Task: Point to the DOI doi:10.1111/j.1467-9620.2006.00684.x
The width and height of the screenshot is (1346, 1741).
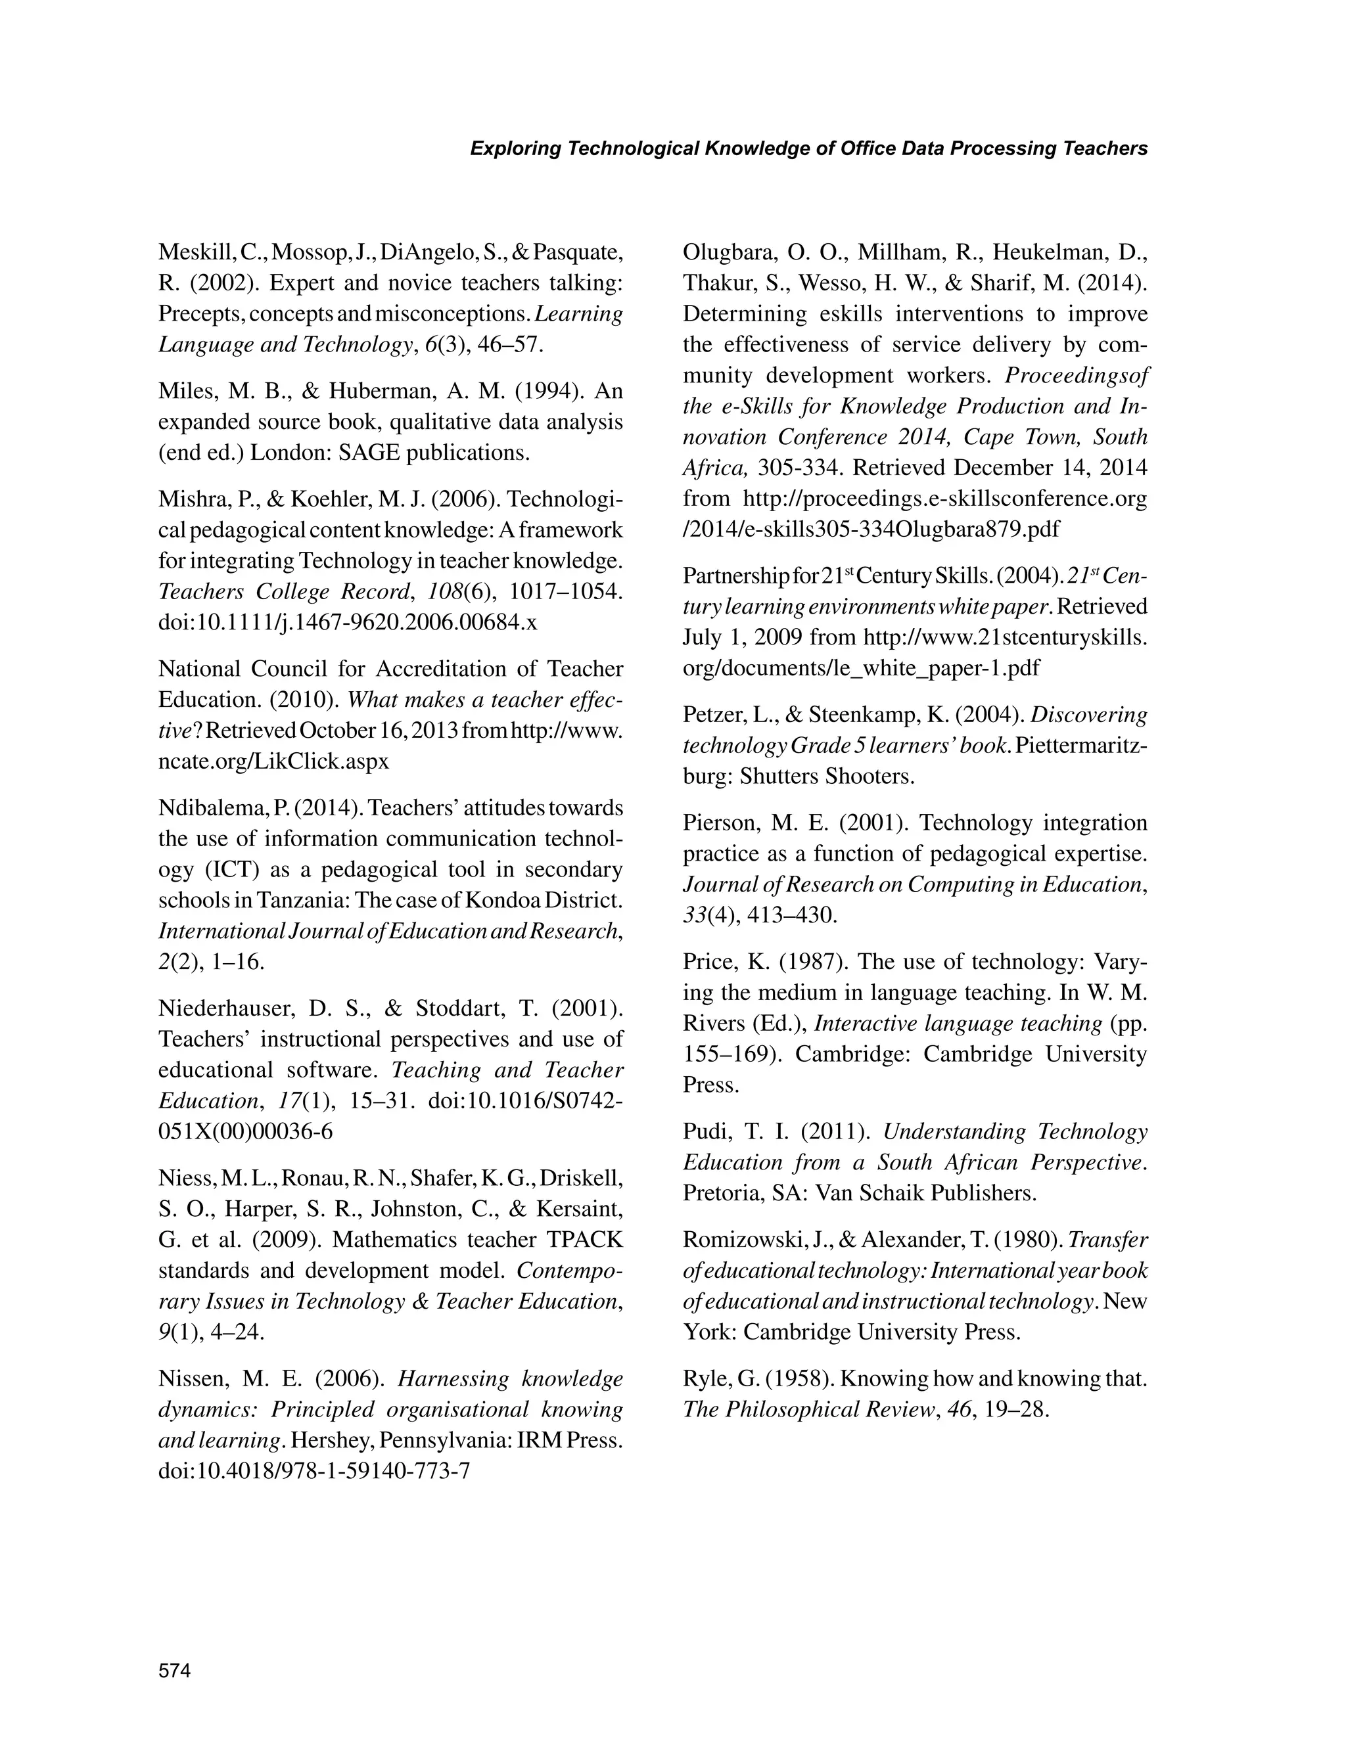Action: pyautogui.click(x=348, y=623)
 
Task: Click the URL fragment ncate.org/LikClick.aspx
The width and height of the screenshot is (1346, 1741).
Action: pyautogui.click(x=273, y=761)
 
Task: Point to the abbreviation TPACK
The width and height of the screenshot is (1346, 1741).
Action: pyautogui.click(x=586, y=1240)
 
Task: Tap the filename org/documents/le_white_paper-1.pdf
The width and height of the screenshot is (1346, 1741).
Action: pyautogui.click(x=861, y=668)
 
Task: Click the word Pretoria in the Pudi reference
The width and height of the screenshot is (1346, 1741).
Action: pyautogui.click(x=722, y=1193)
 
